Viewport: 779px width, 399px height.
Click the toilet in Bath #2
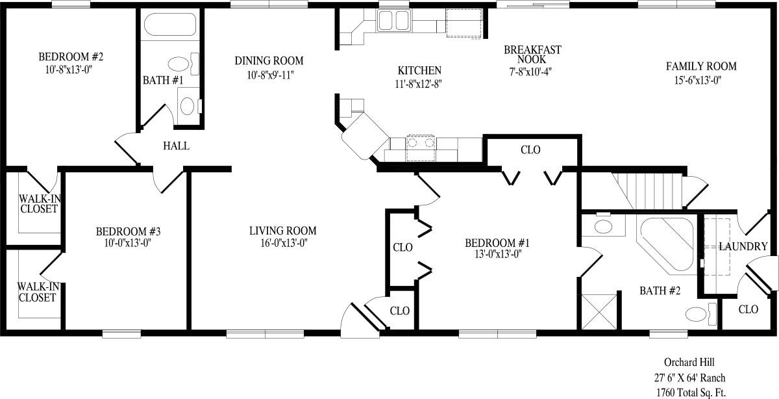click(700, 313)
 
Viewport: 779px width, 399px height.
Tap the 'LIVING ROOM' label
click(282, 231)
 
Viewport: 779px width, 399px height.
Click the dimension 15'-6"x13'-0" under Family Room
click(701, 80)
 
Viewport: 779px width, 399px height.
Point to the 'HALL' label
click(176, 146)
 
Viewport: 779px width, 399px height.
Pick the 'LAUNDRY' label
click(743, 247)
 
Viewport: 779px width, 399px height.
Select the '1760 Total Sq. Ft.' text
click(690, 392)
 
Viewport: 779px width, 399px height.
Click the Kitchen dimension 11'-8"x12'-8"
click(419, 83)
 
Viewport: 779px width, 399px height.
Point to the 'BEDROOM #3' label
click(128, 231)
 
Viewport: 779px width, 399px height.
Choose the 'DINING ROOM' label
click(269, 61)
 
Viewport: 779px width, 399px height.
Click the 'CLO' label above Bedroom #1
click(530, 150)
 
